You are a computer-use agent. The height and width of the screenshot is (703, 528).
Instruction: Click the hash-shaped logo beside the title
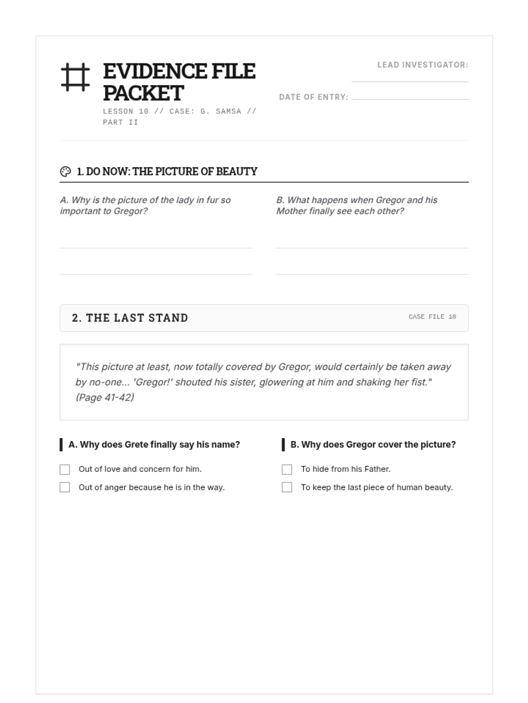75,77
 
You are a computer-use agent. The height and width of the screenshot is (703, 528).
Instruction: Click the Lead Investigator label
422,65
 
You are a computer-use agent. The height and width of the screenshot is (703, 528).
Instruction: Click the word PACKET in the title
143,93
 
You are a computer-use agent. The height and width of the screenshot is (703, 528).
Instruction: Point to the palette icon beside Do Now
66,171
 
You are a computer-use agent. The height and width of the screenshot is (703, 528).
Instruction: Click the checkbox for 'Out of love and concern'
65,470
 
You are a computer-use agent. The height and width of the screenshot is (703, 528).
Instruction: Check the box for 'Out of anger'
65,487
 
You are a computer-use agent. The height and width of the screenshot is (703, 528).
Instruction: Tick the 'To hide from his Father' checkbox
287,470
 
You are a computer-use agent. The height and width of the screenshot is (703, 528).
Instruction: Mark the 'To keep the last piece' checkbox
287,487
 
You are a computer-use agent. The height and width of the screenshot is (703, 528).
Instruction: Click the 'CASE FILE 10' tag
432,317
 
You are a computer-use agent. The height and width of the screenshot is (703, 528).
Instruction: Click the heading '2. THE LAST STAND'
130,318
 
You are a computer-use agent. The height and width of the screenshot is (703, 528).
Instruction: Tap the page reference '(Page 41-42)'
105,397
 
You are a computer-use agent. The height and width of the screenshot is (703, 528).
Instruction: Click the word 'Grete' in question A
136,445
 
